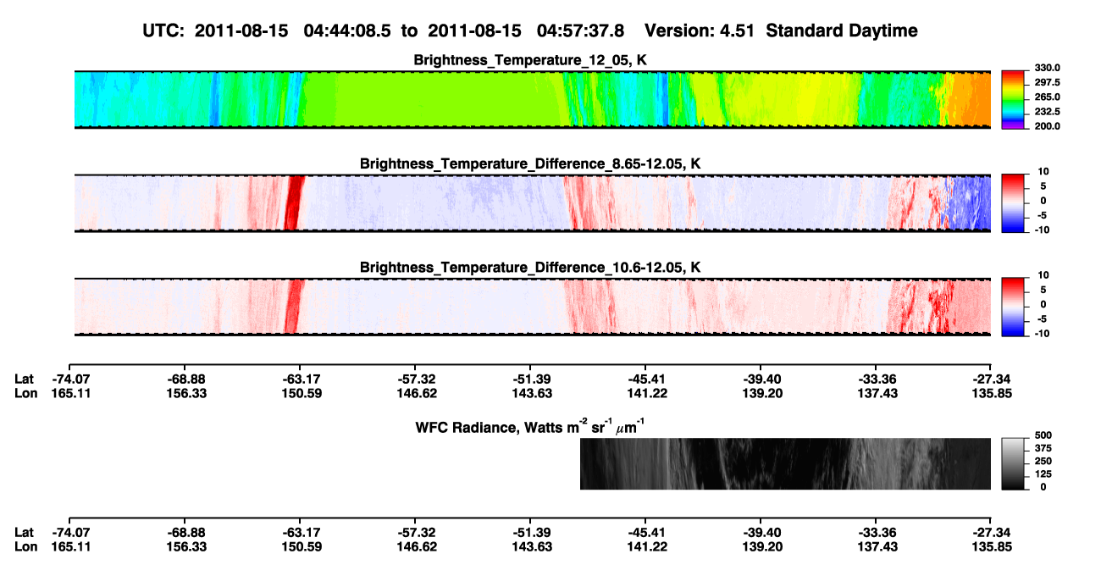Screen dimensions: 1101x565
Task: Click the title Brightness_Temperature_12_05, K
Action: tap(530, 60)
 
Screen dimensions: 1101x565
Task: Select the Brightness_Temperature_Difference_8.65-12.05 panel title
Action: tap(530, 163)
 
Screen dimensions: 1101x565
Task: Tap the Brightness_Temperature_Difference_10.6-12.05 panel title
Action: tap(530, 268)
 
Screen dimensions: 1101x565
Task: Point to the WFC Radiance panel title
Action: tap(530, 426)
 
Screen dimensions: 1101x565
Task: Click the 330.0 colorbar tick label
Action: tap(1047, 68)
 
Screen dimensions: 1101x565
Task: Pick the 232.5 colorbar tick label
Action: tap(1047, 112)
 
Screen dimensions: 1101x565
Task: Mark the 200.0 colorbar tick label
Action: tap(1047, 126)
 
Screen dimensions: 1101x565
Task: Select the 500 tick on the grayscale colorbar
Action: tap(1043, 435)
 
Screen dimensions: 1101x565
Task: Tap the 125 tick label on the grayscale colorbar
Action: tap(1043, 474)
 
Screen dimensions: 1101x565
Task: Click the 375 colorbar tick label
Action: tap(1043, 448)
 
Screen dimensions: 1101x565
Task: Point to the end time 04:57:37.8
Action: tap(580, 30)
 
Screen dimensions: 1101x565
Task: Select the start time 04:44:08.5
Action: tap(347, 30)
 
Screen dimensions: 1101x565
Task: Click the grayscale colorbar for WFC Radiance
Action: tap(1013, 463)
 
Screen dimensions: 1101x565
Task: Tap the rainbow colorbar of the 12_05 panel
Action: tap(1013, 100)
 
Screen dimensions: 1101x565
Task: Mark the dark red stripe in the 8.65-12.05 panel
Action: tap(293, 203)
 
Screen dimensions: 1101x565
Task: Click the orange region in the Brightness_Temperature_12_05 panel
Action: tap(971, 100)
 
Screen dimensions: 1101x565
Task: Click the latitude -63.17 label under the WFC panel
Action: tap(302, 533)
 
